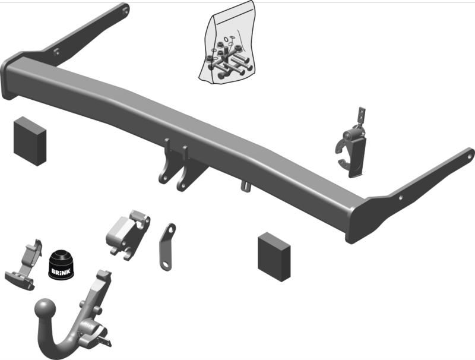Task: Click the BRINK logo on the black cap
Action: click(x=61, y=271)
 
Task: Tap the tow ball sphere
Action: click(x=45, y=309)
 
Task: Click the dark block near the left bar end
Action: click(x=30, y=141)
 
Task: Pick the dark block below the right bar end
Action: click(x=274, y=257)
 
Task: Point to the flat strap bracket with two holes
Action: click(x=167, y=247)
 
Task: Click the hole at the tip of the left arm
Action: click(x=125, y=11)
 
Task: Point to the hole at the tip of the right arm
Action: click(x=470, y=156)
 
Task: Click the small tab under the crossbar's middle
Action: click(x=246, y=186)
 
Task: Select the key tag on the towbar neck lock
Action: click(x=104, y=342)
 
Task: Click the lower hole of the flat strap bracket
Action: click(x=166, y=265)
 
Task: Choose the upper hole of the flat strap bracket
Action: click(x=171, y=230)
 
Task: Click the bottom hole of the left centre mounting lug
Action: click(x=164, y=177)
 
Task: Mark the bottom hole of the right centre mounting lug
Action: click(x=182, y=185)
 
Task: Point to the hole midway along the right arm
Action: click(x=401, y=198)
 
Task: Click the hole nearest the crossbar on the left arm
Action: click(x=56, y=52)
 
